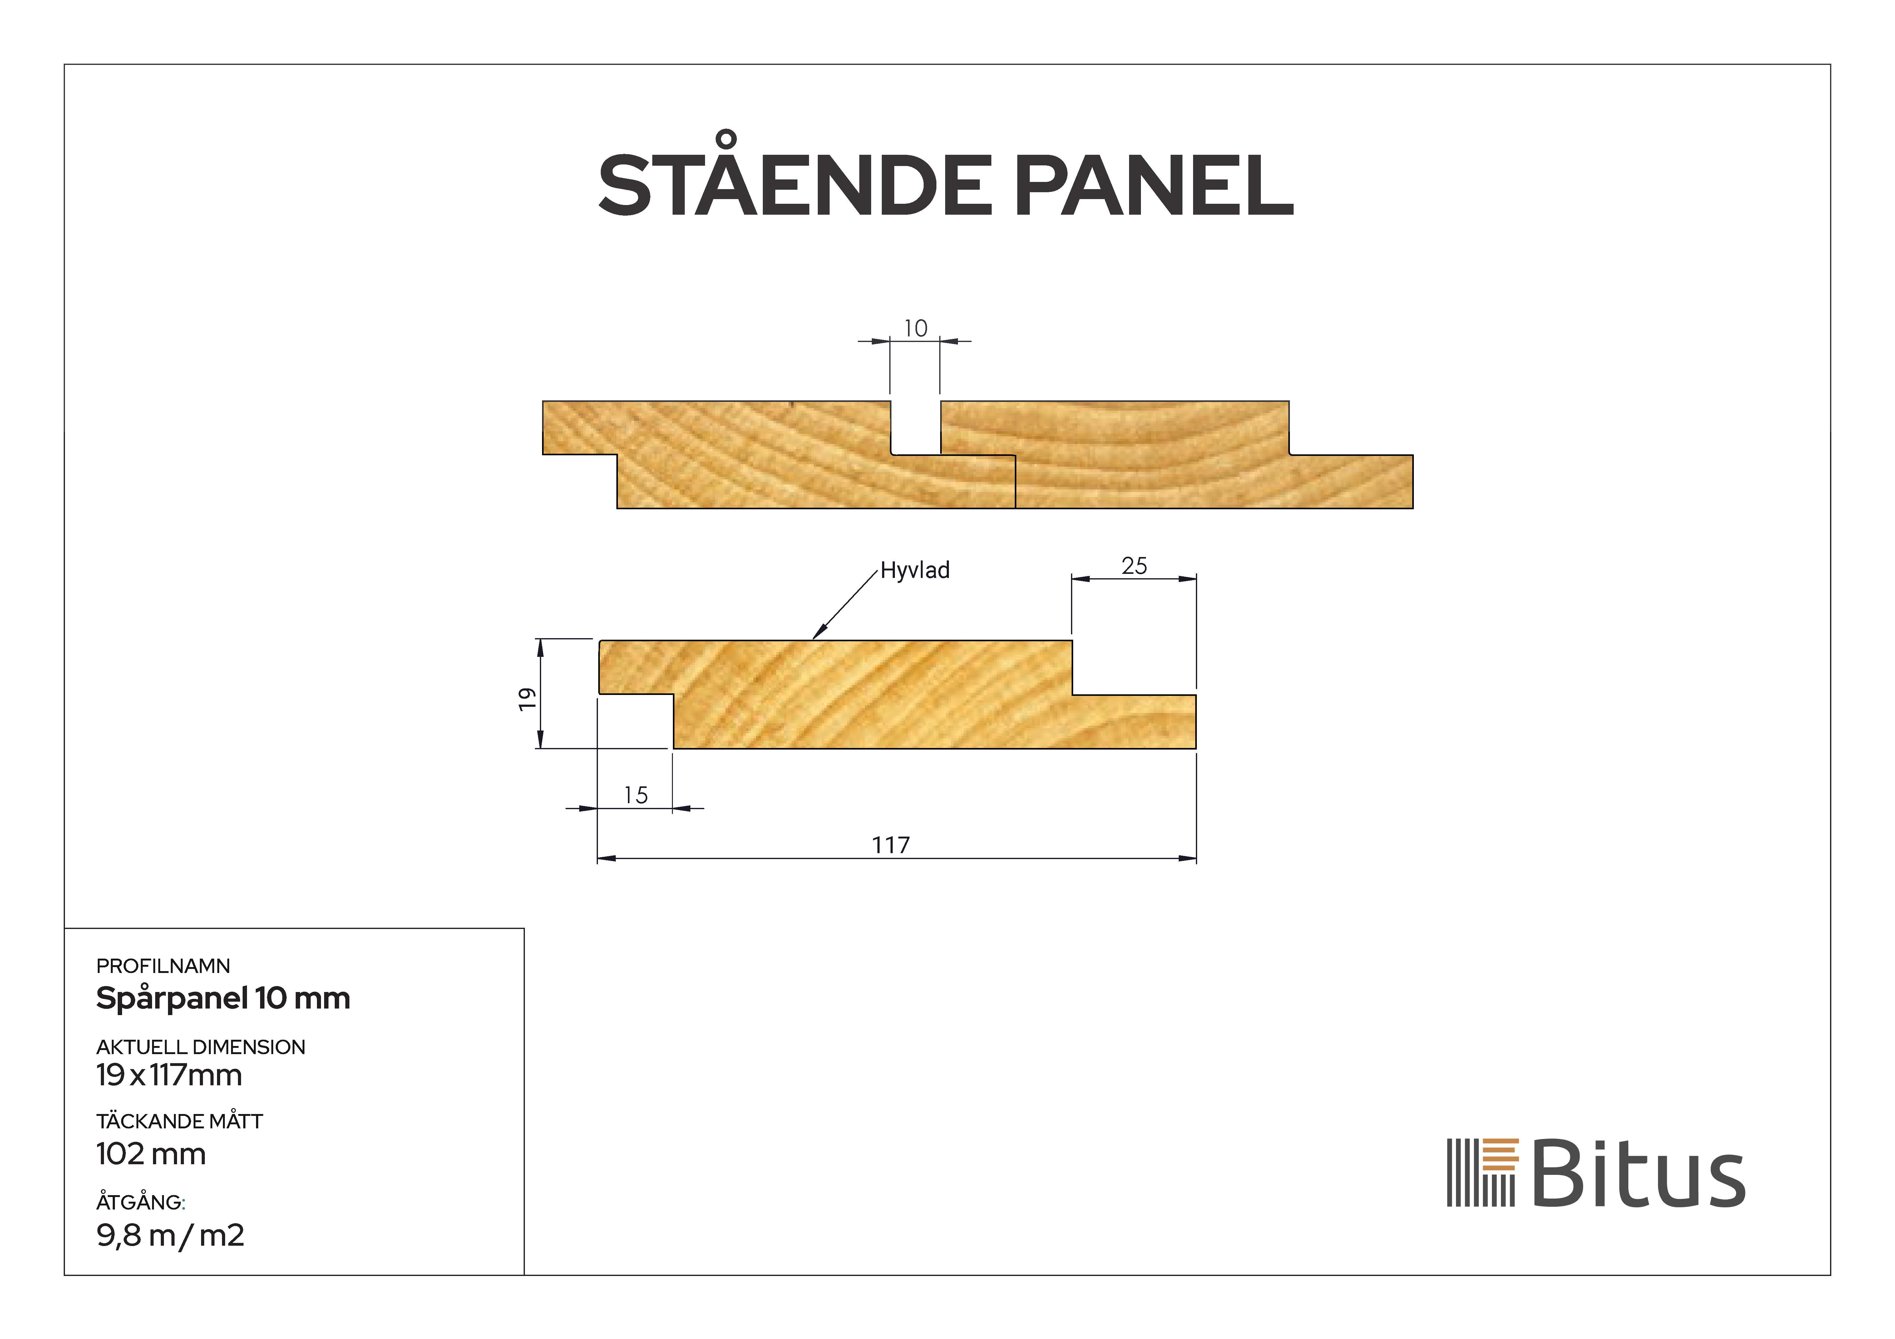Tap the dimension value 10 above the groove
[915, 328]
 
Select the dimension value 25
[1134, 566]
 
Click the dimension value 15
[635, 795]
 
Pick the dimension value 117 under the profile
[891, 845]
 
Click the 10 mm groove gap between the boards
[915, 428]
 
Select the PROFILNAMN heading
[163, 966]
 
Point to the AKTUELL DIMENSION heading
[200, 1047]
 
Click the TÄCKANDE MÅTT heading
[179, 1121]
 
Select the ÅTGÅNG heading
[140, 1202]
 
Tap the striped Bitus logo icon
[1482, 1172]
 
